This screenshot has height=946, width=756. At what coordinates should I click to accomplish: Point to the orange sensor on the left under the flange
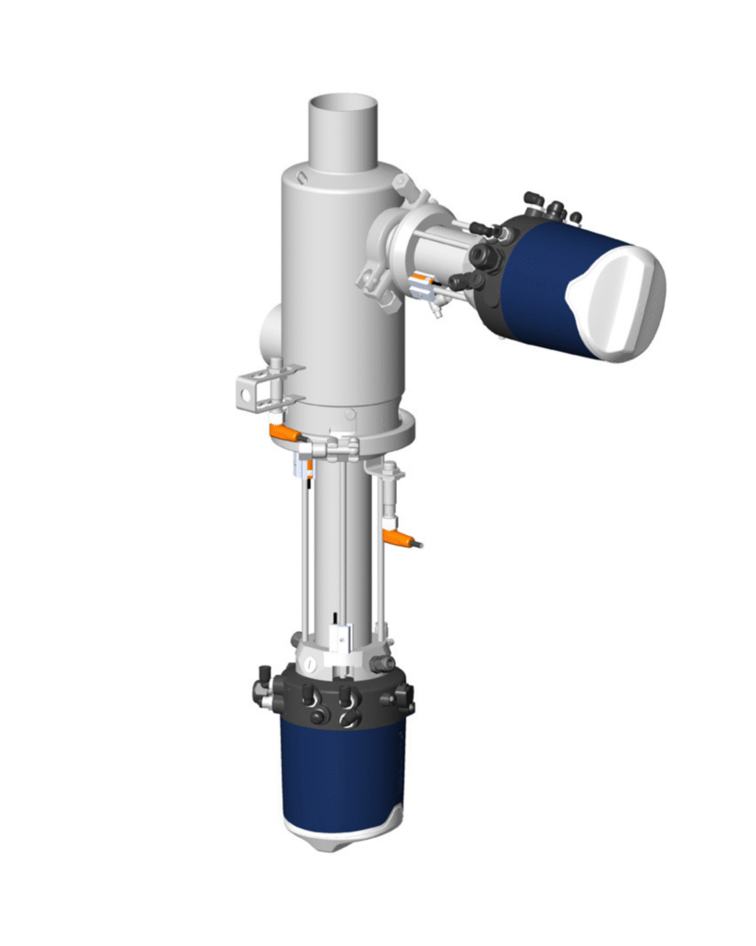point(282,432)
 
